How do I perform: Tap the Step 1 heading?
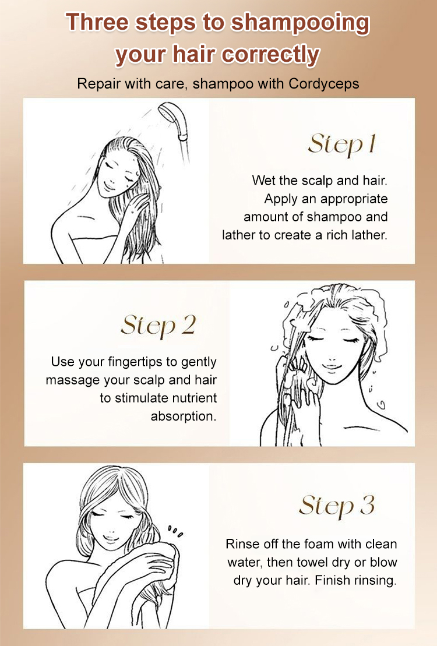tap(342, 144)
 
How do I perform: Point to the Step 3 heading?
tap(337, 506)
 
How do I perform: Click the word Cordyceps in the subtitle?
tap(323, 84)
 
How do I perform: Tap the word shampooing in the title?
tap(299, 23)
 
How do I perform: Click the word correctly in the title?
tap(270, 55)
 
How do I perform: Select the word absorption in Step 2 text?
tap(184, 416)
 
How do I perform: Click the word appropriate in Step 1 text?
tap(354, 199)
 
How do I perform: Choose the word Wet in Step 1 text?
tap(263, 181)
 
